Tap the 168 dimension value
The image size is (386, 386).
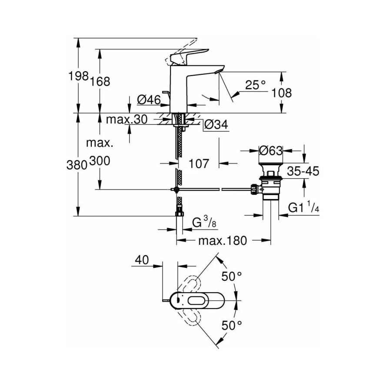coord(100,81)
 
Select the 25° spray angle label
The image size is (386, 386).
coord(256,85)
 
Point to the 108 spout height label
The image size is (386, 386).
coord(282,93)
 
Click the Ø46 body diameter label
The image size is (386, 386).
coord(149,100)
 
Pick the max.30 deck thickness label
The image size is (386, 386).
coord(126,120)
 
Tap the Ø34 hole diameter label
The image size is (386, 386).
coord(216,125)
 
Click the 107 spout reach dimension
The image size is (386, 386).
coord(199,163)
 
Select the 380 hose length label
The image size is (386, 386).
coord(77,165)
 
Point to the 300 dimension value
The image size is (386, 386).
coord(100,161)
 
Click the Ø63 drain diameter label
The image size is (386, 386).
coord(271,150)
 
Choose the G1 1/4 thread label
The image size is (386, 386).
coord(303,207)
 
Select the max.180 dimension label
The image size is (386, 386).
coord(223,240)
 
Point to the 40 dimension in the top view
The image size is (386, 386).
coord(142,260)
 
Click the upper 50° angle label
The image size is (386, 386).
coord(232,276)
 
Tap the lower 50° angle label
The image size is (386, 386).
coord(232,326)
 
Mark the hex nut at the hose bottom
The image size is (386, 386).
coord(180,213)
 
